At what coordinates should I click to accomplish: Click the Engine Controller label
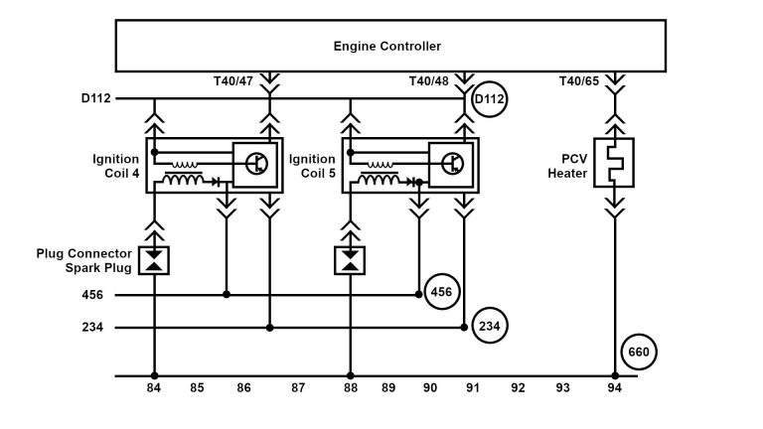387,47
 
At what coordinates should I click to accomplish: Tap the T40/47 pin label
233,80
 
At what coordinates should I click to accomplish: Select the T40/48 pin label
429,80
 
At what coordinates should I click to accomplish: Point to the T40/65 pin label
578,80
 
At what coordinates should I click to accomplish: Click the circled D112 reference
489,100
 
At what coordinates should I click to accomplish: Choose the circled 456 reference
440,292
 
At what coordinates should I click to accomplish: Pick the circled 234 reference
489,326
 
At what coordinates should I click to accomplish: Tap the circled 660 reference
639,352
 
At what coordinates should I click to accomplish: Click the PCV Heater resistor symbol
614,164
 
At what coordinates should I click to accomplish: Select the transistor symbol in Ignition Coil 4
253,164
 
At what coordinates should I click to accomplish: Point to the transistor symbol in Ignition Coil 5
449,164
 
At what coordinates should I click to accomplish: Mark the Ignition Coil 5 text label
312,166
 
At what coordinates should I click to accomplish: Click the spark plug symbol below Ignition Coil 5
350,261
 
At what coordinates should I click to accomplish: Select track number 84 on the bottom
154,389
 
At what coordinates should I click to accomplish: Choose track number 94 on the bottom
615,389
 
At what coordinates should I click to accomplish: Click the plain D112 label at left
96,99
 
